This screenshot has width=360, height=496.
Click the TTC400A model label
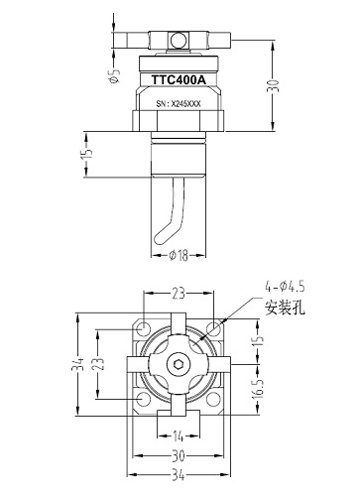click(180, 78)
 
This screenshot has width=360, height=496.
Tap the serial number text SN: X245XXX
click(180, 102)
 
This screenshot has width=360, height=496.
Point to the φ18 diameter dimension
click(179, 255)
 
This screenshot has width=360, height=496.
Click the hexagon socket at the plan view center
click(180, 365)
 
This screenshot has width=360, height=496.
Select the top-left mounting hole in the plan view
click(145, 328)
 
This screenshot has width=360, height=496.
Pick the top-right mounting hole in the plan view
click(215, 328)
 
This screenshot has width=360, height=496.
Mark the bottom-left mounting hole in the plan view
click(145, 400)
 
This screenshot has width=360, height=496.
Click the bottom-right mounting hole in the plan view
click(215, 400)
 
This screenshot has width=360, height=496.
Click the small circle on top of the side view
click(179, 41)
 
